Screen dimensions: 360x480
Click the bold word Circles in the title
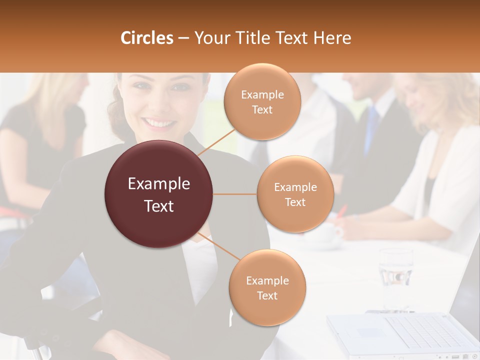point(146,38)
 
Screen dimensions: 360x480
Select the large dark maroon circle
point(159,194)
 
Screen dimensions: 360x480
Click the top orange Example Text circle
point(262,101)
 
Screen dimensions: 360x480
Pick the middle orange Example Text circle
point(295,194)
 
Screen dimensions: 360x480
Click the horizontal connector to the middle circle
point(235,194)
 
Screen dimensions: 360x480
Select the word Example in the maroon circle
point(159,184)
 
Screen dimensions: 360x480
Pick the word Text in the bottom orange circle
point(267,295)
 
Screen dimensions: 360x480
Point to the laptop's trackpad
point(370,332)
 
